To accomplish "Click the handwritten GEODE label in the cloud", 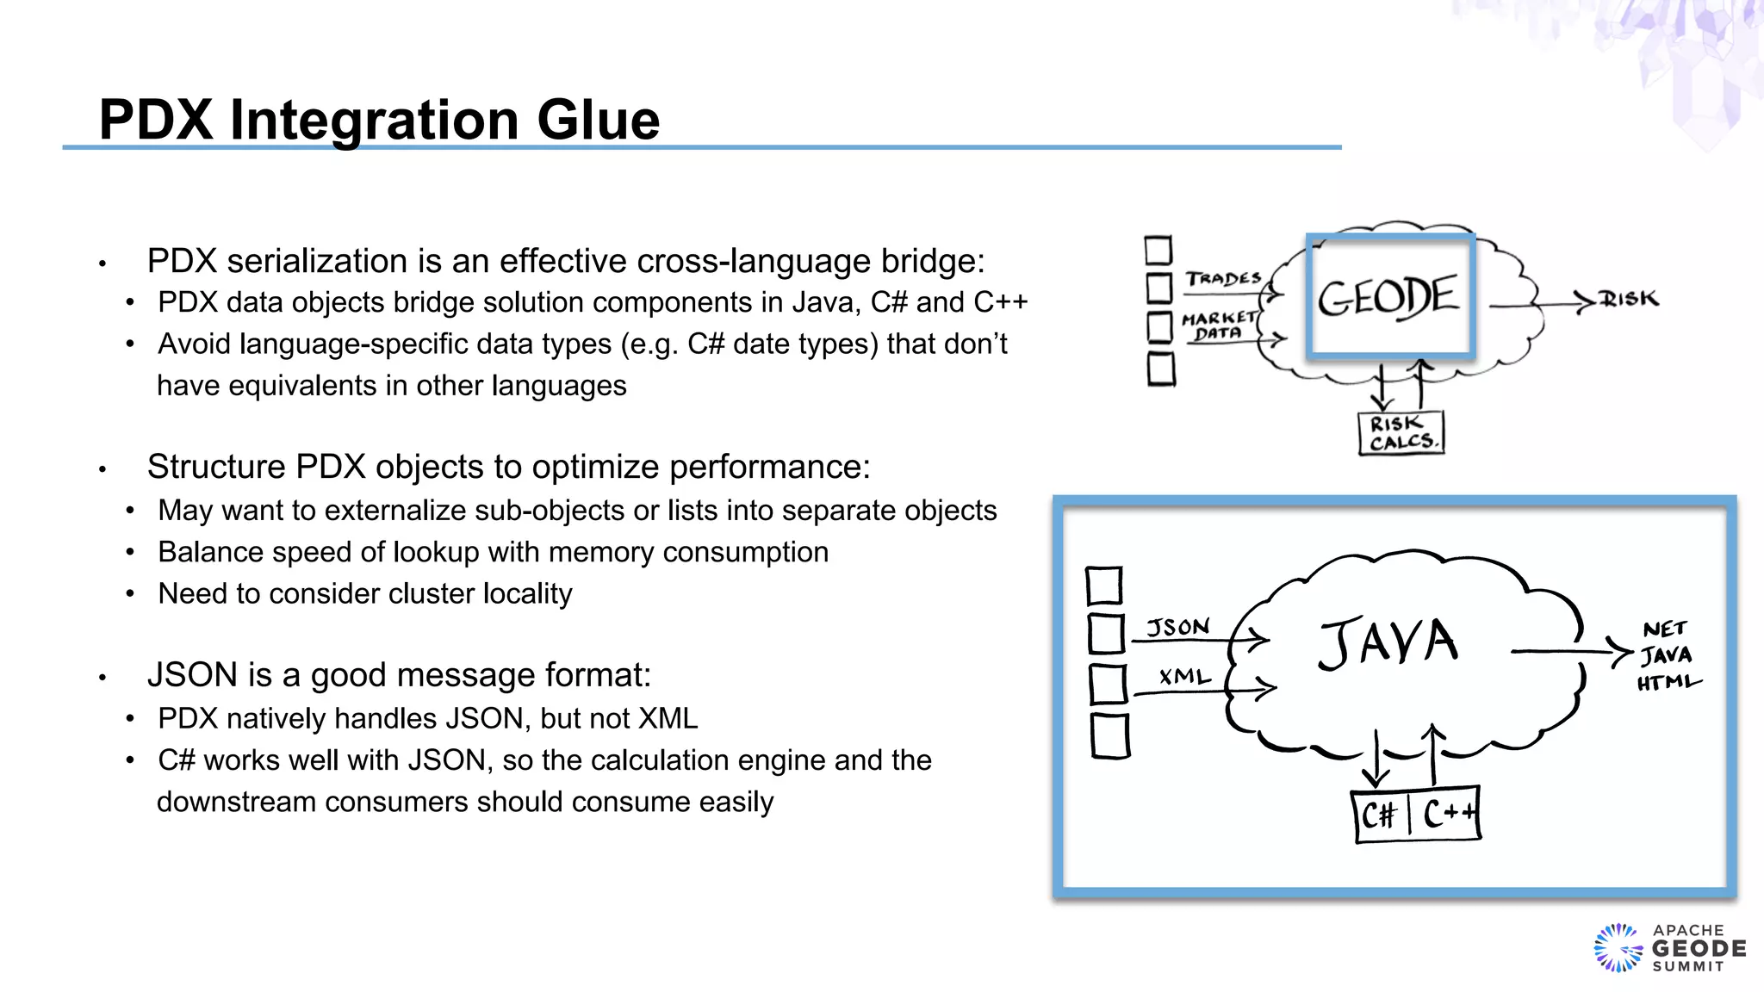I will pos(1388,297).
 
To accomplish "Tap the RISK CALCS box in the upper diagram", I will pos(1401,433).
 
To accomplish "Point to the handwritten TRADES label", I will pos(1222,279).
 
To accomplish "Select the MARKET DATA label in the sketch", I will pos(1218,325).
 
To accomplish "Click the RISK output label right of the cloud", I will pos(1629,299).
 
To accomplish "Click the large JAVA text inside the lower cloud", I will pos(1388,642).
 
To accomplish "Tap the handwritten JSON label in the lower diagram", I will pos(1177,627).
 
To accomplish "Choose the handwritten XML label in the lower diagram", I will pos(1184,677).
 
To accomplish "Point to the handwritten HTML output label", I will pos(1668,683).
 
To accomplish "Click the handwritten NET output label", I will pos(1664,629).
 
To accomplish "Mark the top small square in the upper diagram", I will pos(1158,251).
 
